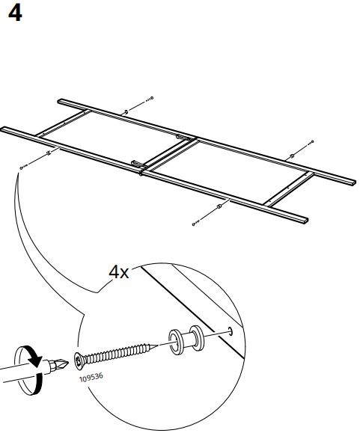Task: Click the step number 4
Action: (15, 13)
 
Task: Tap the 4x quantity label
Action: (119, 272)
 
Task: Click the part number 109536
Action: (91, 377)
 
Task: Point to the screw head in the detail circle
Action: (79, 361)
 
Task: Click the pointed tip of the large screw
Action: (157, 346)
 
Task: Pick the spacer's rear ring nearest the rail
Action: (197, 338)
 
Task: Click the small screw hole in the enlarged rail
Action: (230, 331)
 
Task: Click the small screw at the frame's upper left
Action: (150, 99)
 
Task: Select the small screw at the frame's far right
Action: (311, 143)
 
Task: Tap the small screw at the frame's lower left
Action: (24, 167)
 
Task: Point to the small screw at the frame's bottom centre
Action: (196, 223)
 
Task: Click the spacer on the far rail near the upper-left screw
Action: (126, 112)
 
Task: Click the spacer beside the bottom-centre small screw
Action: (219, 206)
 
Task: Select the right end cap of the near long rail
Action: (306, 220)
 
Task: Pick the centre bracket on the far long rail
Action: (182, 137)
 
